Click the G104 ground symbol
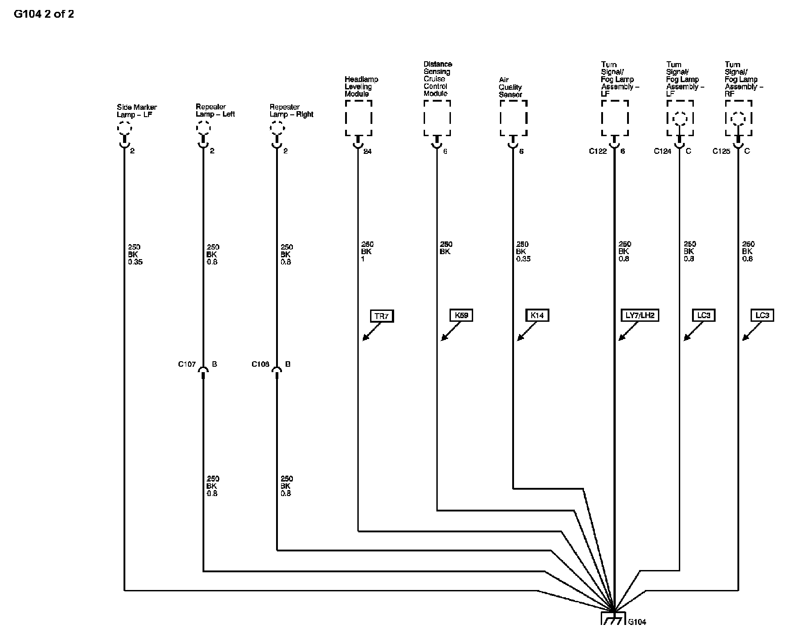(x=613, y=619)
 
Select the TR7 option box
(x=381, y=316)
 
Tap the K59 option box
(x=461, y=315)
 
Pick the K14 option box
(x=537, y=315)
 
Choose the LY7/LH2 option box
(x=639, y=315)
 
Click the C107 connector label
(x=187, y=364)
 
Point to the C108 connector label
(x=261, y=364)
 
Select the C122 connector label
(x=598, y=152)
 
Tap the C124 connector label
(x=662, y=152)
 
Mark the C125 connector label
(x=721, y=152)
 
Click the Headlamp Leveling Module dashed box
(x=358, y=118)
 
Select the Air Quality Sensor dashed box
(x=514, y=118)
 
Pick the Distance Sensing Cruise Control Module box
(x=437, y=118)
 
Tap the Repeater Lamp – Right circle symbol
(x=277, y=128)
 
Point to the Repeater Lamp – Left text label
(x=215, y=111)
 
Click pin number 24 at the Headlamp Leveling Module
(x=367, y=152)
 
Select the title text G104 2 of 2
(x=44, y=14)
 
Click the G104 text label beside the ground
(x=637, y=622)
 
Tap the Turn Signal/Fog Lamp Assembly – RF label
(x=743, y=79)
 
